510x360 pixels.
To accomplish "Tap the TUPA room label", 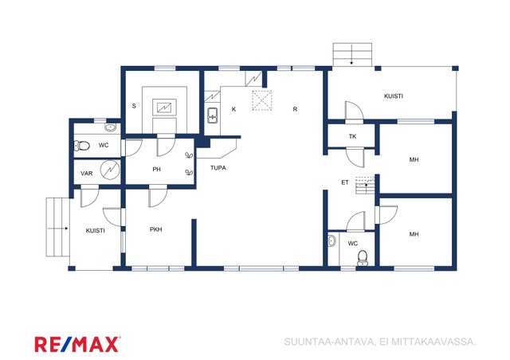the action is pyautogui.click(x=218, y=168).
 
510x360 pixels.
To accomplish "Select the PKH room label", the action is pyautogui.click(x=156, y=229).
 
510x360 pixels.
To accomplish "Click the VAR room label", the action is pyautogui.click(x=87, y=174).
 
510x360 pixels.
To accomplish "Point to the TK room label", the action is pyautogui.click(x=352, y=136).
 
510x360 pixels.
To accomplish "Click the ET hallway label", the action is pyautogui.click(x=345, y=182).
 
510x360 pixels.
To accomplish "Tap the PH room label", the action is pyautogui.click(x=156, y=169).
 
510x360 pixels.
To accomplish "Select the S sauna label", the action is pyautogui.click(x=134, y=106).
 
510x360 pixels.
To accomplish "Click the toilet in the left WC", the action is pyautogui.click(x=81, y=146).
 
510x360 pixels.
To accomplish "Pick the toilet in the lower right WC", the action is pyautogui.click(x=363, y=258).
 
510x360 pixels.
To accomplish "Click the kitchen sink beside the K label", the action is pyautogui.click(x=213, y=115).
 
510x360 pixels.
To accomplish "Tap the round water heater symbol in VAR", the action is pyautogui.click(x=110, y=170).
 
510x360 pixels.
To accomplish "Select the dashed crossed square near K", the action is pyautogui.click(x=262, y=100).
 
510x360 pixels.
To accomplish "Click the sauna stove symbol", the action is pyautogui.click(x=165, y=107).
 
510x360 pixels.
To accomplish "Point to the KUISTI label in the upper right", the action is pyautogui.click(x=394, y=96).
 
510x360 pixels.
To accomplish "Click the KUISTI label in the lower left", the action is pyautogui.click(x=96, y=230).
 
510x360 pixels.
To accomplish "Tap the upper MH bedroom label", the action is pyautogui.click(x=414, y=159).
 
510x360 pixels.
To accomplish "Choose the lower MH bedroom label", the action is pyautogui.click(x=414, y=234).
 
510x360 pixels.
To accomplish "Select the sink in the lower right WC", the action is pyautogui.click(x=331, y=241).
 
